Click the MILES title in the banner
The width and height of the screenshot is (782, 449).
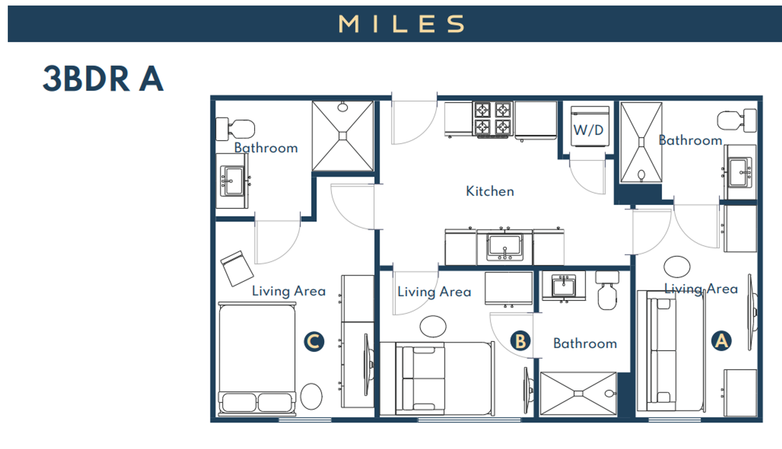[x=401, y=24]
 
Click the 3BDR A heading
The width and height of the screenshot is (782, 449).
[x=103, y=79]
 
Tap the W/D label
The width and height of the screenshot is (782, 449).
[x=588, y=131]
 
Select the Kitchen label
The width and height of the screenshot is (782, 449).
[x=490, y=191]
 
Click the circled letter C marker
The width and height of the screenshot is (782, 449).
[x=314, y=342]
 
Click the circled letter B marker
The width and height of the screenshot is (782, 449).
[x=520, y=341]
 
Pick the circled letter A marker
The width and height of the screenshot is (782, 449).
[x=721, y=341]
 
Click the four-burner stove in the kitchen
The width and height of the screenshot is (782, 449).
[x=492, y=118]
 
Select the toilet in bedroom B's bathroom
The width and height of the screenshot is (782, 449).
[x=607, y=291]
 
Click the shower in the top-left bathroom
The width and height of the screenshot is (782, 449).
[x=343, y=136]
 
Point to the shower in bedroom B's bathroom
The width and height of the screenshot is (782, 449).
[x=578, y=393]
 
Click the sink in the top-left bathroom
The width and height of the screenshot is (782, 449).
[x=232, y=181]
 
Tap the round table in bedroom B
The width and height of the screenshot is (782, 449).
[x=433, y=326]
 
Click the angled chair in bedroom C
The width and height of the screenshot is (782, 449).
[x=237, y=268]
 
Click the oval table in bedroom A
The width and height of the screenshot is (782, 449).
[x=676, y=267]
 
